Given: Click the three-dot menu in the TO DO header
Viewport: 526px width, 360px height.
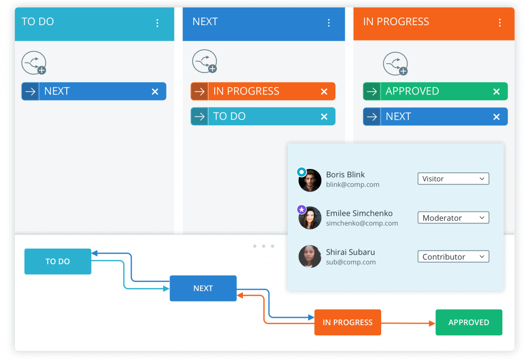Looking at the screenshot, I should (x=157, y=23).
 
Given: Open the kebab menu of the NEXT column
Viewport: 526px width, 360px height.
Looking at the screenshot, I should (x=329, y=23).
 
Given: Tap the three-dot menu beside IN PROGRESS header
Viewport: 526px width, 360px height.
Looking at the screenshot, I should (x=499, y=23).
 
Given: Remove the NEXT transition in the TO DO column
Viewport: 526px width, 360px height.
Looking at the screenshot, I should (x=155, y=91).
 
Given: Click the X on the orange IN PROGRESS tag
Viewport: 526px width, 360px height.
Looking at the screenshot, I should (x=324, y=91).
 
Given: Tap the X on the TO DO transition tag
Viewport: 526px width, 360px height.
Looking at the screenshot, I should (x=324, y=117).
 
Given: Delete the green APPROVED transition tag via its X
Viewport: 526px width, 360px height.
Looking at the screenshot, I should (x=496, y=91).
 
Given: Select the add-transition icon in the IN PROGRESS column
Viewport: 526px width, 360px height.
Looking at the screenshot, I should (x=396, y=64).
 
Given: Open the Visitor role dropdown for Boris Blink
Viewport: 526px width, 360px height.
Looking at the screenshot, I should (x=453, y=179).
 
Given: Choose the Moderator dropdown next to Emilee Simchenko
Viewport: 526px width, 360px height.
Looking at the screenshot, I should (x=453, y=218).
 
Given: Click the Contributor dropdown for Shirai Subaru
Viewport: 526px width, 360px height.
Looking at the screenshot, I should (x=453, y=257).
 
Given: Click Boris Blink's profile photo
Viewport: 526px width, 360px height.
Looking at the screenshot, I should (x=310, y=181).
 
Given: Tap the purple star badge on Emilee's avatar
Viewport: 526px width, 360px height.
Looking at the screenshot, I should (x=302, y=210).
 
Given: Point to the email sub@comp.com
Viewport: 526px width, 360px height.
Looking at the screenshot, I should (x=351, y=262).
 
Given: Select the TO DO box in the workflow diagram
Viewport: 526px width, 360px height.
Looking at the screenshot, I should (x=58, y=261).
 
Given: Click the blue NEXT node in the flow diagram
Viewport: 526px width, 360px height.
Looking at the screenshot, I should (x=203, y=289).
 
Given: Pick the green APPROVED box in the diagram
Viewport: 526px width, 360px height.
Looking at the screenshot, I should (x=468, y=323).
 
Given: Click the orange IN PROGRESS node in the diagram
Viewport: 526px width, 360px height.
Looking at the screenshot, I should (x=347, y=323).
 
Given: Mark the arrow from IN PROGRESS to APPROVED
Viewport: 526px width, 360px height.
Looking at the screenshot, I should (x=408, y=323).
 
